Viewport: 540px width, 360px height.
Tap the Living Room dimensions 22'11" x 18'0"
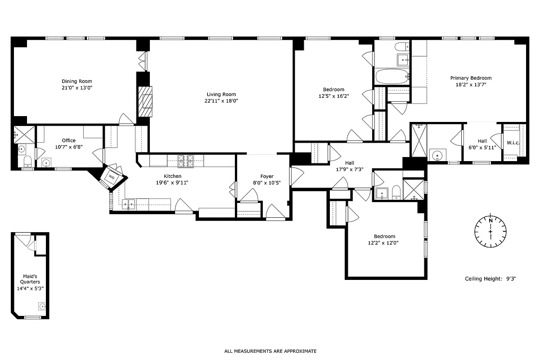tap(221, 101)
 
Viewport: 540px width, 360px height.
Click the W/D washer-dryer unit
tap(111, 177)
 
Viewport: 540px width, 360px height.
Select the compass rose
tap(490, 231)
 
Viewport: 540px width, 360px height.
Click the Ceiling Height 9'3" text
tap(490, 279)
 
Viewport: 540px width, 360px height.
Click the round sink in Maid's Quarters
tap(42, 307)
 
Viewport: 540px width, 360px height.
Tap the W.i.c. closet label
tap(513, 143)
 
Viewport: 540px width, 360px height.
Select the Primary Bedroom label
tap(471, 78)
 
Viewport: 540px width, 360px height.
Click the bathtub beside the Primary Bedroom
tap(392, 76)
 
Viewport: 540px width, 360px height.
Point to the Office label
tap(68, 140)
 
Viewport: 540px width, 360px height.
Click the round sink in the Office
tap(45, 162)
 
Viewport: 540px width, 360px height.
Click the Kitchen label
tap(172, 176)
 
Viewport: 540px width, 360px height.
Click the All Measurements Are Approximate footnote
tap(270, 351)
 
